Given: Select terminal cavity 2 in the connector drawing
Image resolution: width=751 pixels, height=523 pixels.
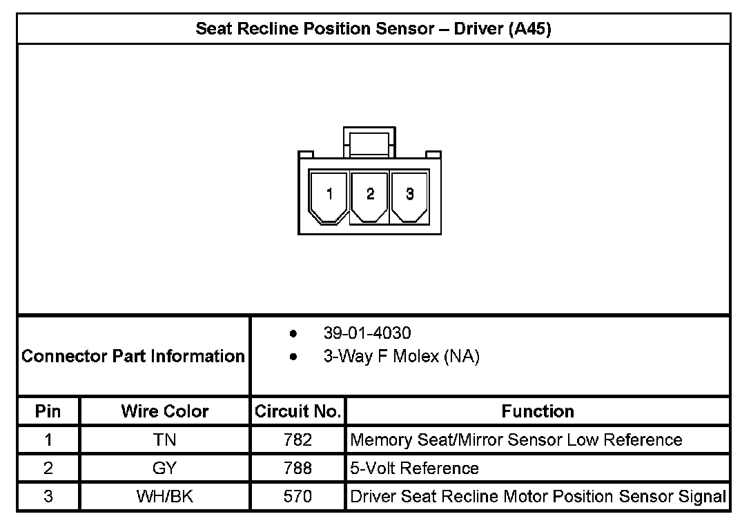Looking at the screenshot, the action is [370, 195].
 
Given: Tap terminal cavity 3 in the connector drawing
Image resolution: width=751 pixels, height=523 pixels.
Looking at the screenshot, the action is [410, 195].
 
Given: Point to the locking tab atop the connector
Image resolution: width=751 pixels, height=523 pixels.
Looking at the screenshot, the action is [369, 141].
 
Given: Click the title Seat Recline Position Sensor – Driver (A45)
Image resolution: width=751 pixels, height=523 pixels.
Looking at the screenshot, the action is [373, 29].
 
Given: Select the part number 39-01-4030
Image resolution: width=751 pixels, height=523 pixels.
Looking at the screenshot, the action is [367, 333].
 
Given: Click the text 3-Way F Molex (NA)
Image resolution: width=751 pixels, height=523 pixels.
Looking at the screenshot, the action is [401, 357].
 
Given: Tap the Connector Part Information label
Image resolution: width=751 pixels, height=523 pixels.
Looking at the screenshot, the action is [133, 356].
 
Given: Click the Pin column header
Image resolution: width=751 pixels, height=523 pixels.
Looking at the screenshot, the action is [48, 411].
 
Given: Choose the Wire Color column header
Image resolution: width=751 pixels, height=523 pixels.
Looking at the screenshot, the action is [165, 411].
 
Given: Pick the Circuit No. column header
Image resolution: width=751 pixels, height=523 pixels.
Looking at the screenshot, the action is [298, 411].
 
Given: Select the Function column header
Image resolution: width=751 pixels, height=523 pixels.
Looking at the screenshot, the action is [538, 411].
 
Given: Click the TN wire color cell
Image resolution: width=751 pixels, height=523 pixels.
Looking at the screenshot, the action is [165, 440].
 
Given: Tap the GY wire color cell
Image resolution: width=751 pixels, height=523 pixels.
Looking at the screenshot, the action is [165, 468].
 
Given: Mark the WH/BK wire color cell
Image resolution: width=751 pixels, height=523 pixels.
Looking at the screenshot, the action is [165, 497].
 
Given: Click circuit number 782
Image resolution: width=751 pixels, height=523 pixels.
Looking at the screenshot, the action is [298, 440].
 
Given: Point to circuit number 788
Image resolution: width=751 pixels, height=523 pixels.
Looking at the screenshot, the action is [298, 468].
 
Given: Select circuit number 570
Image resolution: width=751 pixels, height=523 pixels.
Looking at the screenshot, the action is [298, 497].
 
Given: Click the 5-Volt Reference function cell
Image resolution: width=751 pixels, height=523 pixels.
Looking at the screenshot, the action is [415, 468].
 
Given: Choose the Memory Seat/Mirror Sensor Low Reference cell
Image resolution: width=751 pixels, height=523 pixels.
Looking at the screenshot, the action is [516, 440].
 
